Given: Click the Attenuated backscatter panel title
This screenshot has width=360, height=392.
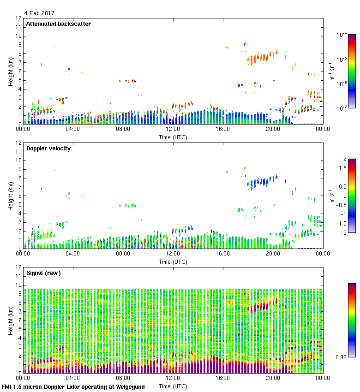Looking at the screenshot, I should pyautogui.click(x=58, y=24).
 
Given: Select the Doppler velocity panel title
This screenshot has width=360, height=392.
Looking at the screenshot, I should pyautogui.click(x=48, y=148).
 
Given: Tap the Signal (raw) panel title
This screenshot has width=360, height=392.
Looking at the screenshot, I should pyautogui.click(x=43, y=273).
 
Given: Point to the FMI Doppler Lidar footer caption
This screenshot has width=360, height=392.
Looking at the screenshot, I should pyautogui.click(x=73, y=386).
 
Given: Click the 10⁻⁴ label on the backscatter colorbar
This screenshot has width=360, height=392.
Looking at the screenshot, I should pyautogui.click(x=341, y=35).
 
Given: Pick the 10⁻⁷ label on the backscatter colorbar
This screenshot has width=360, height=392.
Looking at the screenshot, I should pyautogui.click(x=341, y=108).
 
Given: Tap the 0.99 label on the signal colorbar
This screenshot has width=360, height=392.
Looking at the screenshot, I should pyautogui.click(x=342, y=356).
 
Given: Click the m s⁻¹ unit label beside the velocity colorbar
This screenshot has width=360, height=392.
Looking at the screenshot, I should pyautogui.click(x=330, y=196).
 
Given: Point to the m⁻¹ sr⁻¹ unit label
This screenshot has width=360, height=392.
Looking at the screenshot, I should pyautogui.click(x=331, y=71).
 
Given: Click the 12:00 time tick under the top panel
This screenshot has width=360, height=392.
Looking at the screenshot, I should pyautogui.click(x=173, y=130).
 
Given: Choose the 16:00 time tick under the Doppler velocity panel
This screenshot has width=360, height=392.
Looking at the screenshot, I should pyautogui.click(x=223, y=254).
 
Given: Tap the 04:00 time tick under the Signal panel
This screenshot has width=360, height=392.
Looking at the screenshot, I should pyautogui.click(x=73, y=378).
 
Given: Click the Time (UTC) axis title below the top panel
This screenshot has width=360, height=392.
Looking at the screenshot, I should pyautogui.click(x=173, y=137).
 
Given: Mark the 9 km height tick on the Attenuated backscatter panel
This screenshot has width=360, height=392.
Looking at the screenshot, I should pyautogui.click(x=19, y=45).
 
